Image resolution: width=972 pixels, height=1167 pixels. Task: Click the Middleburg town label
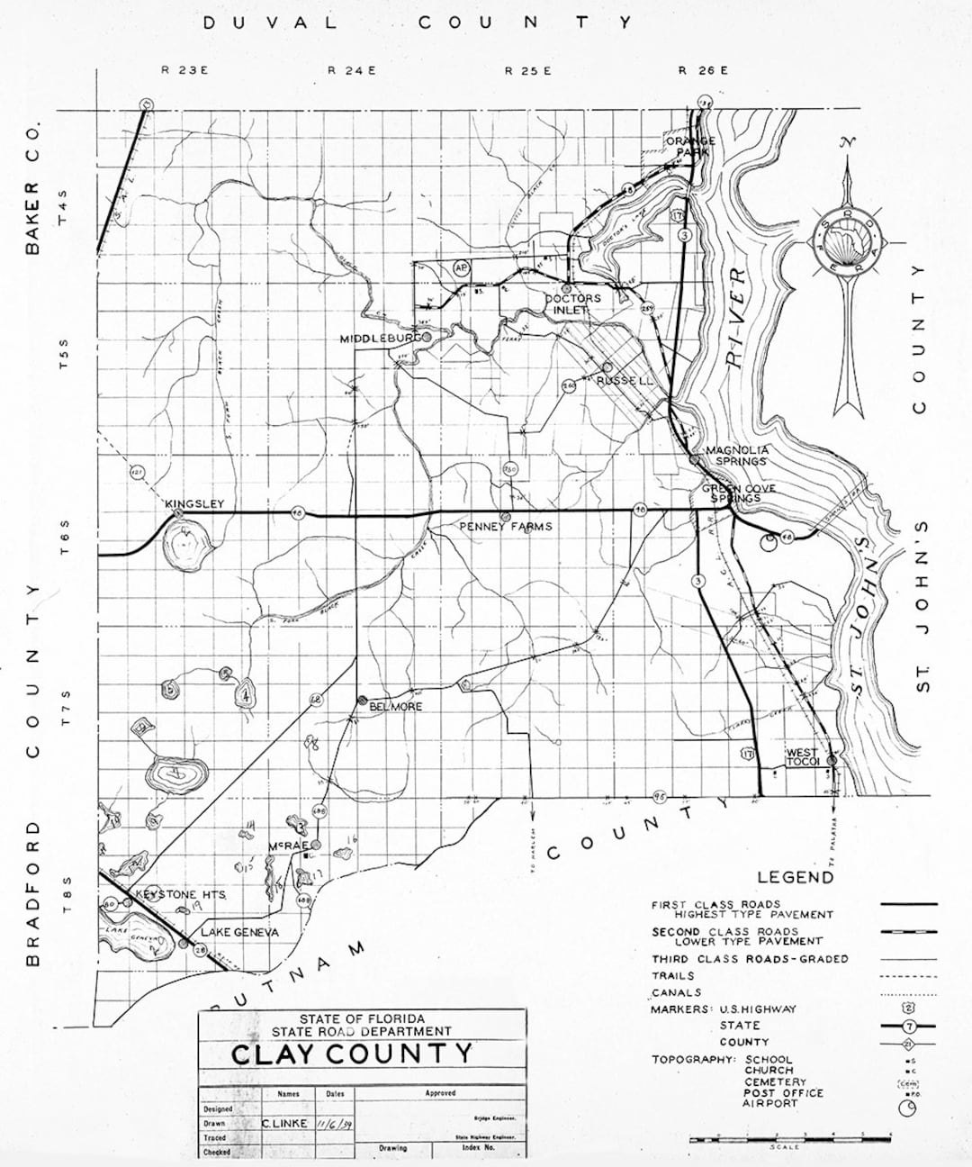point(380,339)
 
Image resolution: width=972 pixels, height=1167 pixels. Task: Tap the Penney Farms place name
point(505,526)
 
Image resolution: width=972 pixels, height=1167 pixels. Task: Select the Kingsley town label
point(193,504)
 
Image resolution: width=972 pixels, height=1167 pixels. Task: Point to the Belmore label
point(395,707)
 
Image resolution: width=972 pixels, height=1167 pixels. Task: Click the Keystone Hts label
point(180,894)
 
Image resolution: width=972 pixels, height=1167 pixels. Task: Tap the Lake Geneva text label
point(239,932)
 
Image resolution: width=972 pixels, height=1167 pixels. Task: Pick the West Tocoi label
point(802,757)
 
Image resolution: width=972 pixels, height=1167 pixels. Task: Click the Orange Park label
point(690,146)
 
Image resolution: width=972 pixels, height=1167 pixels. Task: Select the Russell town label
point(625,381)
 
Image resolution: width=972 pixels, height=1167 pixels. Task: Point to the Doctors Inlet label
point(572,303)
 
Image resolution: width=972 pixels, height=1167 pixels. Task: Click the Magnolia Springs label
point(737,455)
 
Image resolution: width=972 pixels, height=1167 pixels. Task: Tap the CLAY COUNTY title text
point(352,1053)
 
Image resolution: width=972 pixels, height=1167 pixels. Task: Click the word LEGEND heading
point(795,876)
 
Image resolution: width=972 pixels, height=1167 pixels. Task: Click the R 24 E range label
point(351,70)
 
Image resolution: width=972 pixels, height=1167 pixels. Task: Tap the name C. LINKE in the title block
point(284,1123)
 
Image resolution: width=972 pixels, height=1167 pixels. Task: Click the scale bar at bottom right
point(789,1139)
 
